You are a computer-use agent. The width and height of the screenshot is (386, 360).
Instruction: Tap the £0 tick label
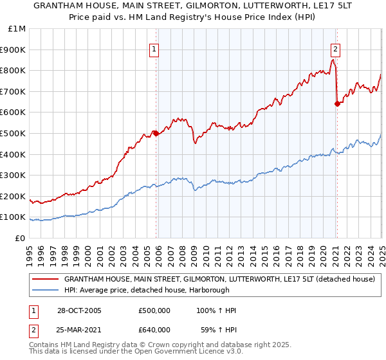(21, 238)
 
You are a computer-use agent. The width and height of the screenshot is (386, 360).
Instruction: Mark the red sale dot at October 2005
(156, 133)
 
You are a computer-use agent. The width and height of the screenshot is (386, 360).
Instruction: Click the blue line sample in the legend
(45, 290)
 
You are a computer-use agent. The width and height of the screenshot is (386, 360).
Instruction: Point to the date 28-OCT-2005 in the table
(80, 310)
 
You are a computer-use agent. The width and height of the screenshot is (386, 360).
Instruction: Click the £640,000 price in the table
(154, 331)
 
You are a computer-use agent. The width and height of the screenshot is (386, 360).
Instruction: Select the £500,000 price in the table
(154, 310)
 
